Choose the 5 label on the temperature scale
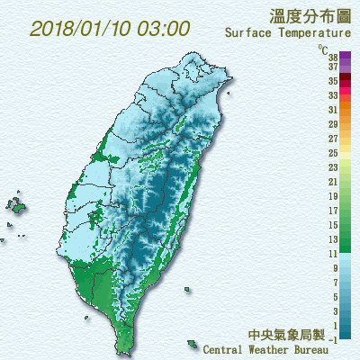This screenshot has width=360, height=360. (335, 297)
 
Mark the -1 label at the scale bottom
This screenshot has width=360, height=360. (333, 339)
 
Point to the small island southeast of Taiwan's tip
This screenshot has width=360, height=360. (192, 345)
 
